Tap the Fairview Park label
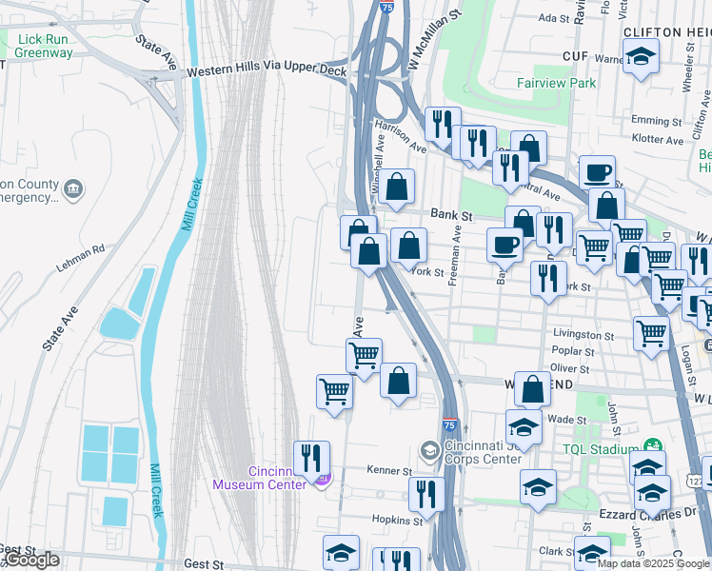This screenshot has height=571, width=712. click(556, 83)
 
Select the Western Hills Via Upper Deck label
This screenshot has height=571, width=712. click(262, 71)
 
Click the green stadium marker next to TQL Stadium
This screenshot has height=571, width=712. click(653, 445)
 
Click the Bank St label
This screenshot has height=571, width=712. click(451, 216)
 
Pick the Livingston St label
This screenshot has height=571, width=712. click(583, 335)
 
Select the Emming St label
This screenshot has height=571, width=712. click(650, 121)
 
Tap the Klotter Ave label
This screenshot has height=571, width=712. click(657, 140)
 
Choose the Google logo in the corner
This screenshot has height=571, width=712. click(31, 560)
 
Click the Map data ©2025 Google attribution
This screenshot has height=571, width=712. click(653, 563)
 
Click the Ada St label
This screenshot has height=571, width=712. click(552, 17)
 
